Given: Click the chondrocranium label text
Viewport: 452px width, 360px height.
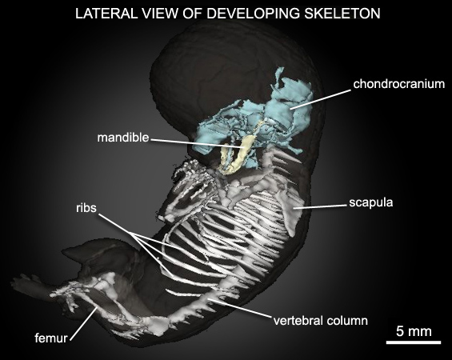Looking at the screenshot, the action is point(399,84).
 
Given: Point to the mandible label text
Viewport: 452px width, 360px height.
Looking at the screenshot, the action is point(123,138).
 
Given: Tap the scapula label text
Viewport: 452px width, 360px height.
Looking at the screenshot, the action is point(371,202).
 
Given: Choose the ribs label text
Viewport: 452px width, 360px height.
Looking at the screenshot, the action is point(86,208).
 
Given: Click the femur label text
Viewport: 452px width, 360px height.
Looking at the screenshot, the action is point(51,338).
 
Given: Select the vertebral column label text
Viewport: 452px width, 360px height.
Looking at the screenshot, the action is point(321,321).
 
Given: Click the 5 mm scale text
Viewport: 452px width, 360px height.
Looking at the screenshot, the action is point(414,331).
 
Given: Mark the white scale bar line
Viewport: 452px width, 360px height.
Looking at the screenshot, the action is point(414,342).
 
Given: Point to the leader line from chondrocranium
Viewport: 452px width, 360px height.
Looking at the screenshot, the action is point(321,99).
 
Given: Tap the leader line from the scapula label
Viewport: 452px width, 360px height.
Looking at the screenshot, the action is point(320,206).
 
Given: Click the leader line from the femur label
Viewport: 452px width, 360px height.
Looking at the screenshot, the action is point(83,323).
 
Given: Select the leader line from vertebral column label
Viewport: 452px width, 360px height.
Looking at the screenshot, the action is point(240,308).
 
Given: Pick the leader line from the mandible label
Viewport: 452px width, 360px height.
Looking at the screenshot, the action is point(198,143).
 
